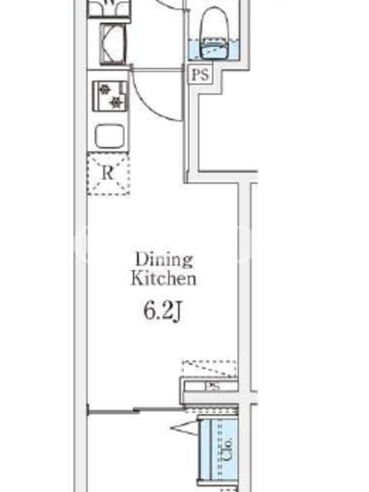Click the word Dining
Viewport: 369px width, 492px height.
(x=164, y=260)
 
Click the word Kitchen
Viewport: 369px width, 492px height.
(x=164, y=279)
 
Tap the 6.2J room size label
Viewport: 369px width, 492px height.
(x=163, y=312)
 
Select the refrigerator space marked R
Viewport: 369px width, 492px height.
(x=108, y=174)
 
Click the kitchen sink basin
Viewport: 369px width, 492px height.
(x=109, y=137)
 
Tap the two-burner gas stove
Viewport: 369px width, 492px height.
(x=110, y=96)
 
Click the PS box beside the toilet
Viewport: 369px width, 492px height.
(x=200, y=74)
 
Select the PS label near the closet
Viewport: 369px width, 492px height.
(x=213, y=386)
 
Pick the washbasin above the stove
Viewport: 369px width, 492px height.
(x=113, y=44)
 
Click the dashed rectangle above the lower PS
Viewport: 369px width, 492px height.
(x=210, y=368)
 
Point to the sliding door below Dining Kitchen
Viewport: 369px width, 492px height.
(x=135, y=410)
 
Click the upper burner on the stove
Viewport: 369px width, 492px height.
(x=105, y=90)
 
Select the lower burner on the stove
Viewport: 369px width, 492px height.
(x=117, y=101)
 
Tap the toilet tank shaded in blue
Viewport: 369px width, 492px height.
(x=215, y=50)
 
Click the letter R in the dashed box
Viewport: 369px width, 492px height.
(x=108, y=173)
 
